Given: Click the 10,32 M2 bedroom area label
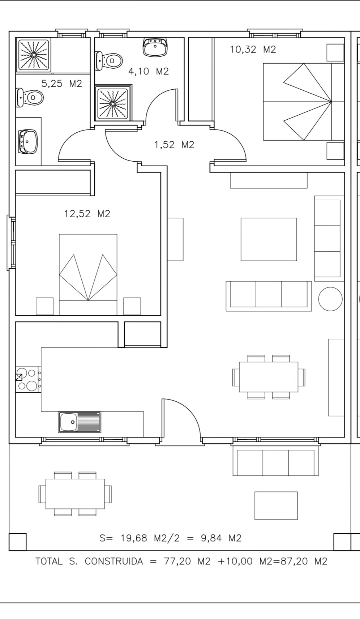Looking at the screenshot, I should point(253,49).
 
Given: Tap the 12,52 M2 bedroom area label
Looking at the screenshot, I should point(87,214).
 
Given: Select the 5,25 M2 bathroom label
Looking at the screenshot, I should point(61,84).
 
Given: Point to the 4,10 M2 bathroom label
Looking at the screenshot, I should point(149,71).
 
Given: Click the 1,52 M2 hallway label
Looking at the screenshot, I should point(174,145).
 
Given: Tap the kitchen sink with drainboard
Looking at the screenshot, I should point(80,422).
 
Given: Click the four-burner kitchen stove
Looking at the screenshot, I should point(27,379).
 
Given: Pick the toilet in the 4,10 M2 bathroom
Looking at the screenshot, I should point(108,61).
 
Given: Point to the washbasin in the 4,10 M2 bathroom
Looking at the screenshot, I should point(155,47).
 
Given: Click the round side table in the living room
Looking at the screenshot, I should point(330,299).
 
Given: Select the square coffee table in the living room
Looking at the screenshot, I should point(269,239).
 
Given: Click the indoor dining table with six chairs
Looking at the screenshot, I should point(269,377).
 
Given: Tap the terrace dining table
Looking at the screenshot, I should point(75,494).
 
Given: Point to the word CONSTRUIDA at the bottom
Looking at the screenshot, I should point(114,562).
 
